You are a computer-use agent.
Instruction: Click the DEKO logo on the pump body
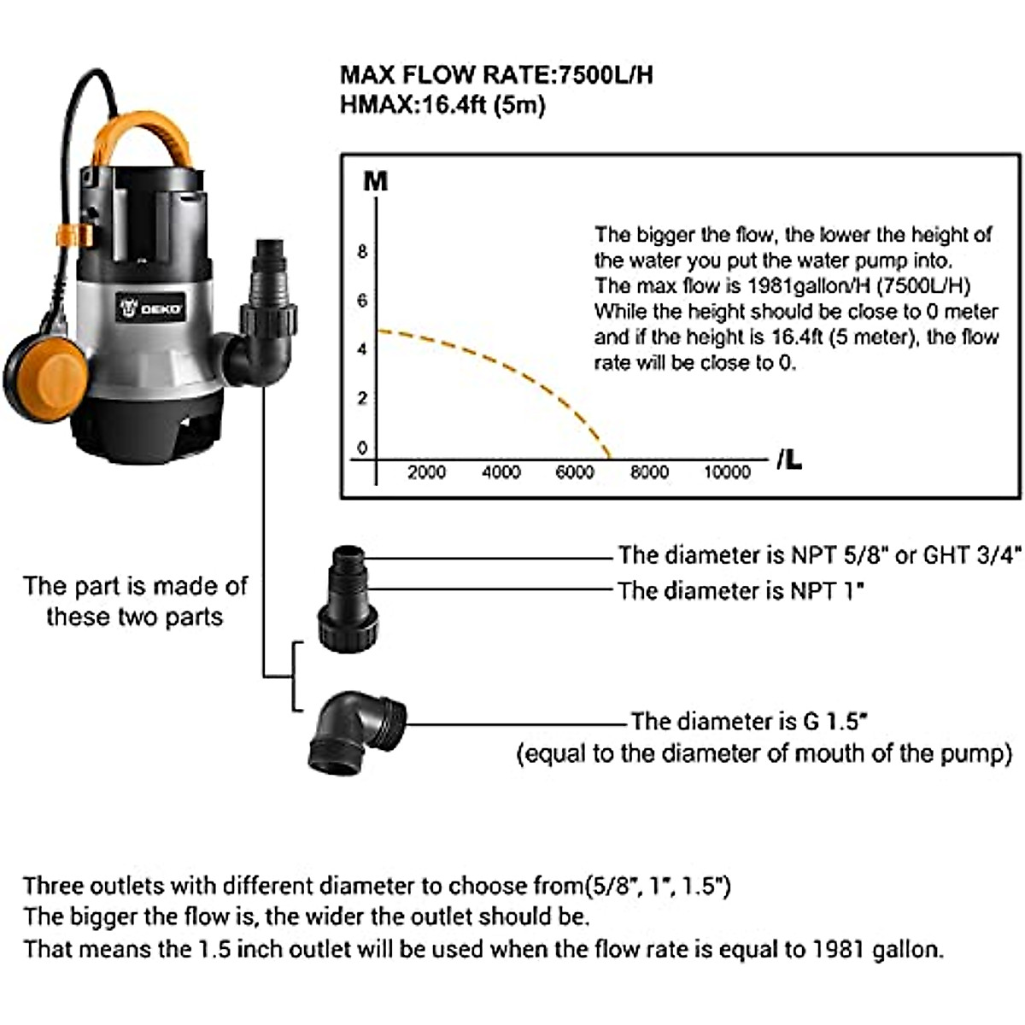point(154,307)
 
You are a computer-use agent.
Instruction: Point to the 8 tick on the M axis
point(362,252)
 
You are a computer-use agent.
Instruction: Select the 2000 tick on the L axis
point(426,472)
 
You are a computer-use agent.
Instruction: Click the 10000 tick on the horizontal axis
point(726,472)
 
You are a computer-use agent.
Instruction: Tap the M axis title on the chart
point(376,182)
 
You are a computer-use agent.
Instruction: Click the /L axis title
point(788,461)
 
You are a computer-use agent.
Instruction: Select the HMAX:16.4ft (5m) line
point(442,106)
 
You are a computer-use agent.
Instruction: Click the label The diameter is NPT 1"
point(741,590)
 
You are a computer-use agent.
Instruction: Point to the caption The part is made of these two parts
point(135,601)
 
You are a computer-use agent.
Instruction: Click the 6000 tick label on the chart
point(575,472)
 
